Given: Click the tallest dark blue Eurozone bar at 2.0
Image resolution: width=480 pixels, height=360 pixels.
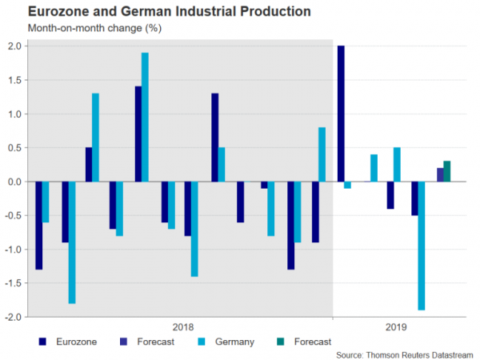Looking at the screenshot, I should pos(341,114).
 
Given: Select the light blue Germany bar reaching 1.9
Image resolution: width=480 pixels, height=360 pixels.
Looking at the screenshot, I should pos(145,118).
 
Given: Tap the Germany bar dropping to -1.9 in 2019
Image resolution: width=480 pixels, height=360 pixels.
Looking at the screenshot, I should pos(421,246).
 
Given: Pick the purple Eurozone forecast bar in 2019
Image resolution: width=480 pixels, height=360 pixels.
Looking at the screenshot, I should pos(440,175).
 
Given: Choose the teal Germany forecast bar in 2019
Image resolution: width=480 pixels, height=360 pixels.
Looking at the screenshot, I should pos(447,172).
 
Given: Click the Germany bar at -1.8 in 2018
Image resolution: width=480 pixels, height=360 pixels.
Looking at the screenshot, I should pos(71,242).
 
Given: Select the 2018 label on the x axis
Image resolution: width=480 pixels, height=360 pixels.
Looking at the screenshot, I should pos(183,326).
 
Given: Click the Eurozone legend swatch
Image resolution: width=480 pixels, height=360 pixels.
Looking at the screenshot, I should pos(41,342).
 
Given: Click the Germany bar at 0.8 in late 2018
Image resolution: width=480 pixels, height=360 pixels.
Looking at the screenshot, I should pos(322,154).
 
